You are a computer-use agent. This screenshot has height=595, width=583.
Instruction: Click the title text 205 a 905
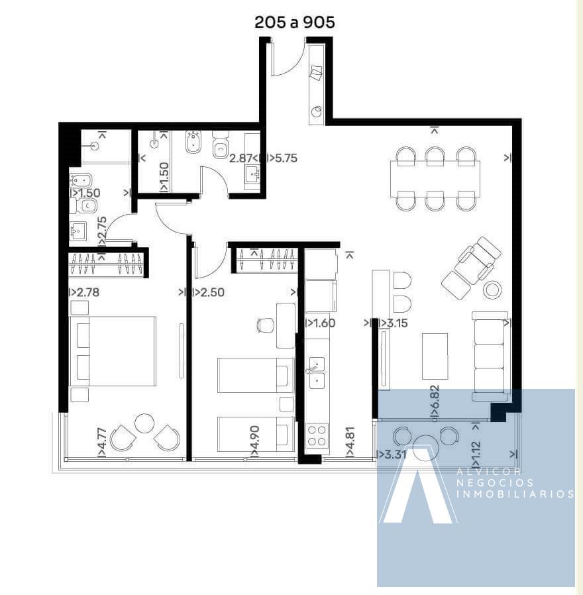pos(295,23)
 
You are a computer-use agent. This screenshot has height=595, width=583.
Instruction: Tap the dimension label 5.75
pos(286,158)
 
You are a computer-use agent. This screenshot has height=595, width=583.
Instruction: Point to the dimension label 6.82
pos(435,396)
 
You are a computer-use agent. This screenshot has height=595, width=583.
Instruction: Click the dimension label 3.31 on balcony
pos(396,455)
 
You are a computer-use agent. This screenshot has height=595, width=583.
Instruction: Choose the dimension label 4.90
pos(255,437)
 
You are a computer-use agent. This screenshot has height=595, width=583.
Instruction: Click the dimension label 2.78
pos(87,292)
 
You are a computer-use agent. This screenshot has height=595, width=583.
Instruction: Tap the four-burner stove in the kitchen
pos(317,435)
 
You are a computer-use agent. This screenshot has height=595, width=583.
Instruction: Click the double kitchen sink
pos(317,373)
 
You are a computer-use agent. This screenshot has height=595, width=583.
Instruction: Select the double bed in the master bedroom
pos(113,351)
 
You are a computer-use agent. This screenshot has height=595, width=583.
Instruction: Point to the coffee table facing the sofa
pos(435,356)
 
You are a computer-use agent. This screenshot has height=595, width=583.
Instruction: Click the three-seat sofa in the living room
pos(490,356)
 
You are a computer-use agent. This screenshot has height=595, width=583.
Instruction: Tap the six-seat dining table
pos(435,179)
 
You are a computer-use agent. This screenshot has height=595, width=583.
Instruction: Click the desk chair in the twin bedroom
pos(266,325)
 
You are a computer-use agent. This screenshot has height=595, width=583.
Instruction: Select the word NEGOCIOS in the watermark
pos(495,482)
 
